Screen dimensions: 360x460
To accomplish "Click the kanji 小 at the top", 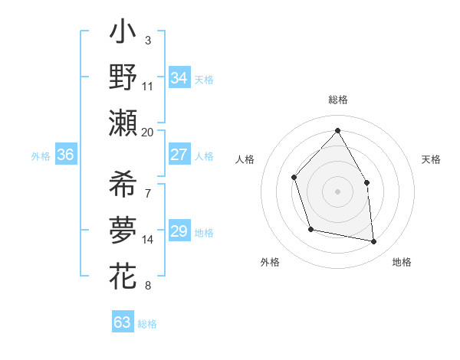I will pyautogui.click(x=123, y=34).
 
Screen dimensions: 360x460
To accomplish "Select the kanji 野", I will pyautogui.click(x=123, y=78).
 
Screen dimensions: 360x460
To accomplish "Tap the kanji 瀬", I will pyautogui.click(x=123, y=123).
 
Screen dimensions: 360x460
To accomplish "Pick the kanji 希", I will pyautogui.click(x=123, y=184).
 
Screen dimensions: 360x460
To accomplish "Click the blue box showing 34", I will pyautogui.click(x=179, y=78).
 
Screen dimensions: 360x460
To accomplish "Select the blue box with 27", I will pyautogui.click(x=179, y=155).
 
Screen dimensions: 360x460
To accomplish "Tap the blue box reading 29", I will pyautogui.click(x=179, y=231).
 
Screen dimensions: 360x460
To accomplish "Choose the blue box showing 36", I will pyautogui.click(x=65, y=155).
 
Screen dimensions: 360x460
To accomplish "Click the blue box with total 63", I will pyautogui.click(x=122, y=322).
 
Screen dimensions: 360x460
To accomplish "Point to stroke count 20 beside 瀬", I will pyautogui.click(x=148, y=132).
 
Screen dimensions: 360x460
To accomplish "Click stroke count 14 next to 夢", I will pyautogui.click(x=148, y=240).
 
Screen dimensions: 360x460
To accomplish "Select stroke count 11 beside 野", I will pyautogui.click(x=148, y=86).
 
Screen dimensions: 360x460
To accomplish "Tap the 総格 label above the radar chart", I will pyautogui.click(x=338, y=100).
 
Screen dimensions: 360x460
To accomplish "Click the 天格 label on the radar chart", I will pyautogui.click(x=432, y=159).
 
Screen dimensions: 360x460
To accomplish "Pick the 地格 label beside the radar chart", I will pyautogui.click(x=402, y=262).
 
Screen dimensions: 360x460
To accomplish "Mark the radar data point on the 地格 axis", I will pyautogui.click(x=374, y=242).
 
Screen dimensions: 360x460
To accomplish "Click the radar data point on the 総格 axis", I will pyautogui.click(x=337, y=130).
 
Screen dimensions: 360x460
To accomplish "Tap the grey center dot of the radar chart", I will pyautogui.click(x=337, y=191).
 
